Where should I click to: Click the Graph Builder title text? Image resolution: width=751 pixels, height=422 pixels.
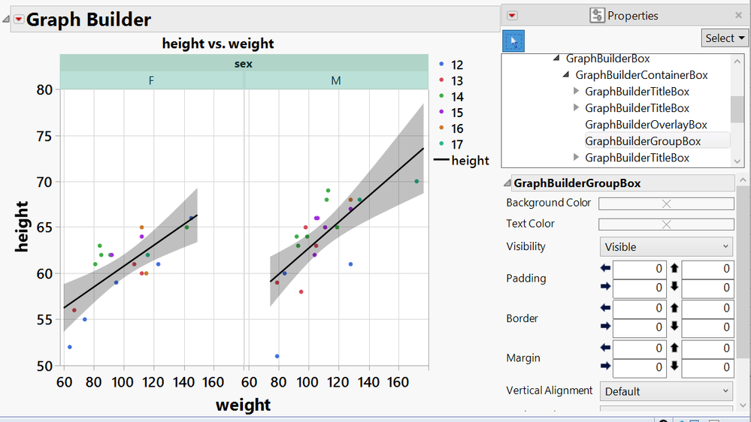coord(89,20)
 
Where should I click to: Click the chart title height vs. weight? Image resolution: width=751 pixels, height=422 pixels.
coord(218,44)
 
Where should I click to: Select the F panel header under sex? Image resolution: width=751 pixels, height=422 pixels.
coord(152,80)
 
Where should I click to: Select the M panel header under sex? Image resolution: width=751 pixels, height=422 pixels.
coord(335,80)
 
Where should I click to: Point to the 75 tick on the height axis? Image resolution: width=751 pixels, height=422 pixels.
coord(47,136)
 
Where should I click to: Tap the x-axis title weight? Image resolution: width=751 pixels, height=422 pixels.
coord(243,405)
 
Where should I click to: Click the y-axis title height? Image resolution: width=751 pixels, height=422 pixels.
coord(22,226)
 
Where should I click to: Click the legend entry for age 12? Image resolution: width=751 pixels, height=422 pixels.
coord(456,65)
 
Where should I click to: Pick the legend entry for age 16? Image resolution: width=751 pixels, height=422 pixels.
coord(456,128)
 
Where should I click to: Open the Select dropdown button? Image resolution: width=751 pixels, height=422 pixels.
coord(725,38)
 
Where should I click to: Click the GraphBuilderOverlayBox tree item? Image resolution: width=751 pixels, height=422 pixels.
coord(646,125)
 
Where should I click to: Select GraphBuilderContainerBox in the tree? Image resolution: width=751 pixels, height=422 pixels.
coord(641,75)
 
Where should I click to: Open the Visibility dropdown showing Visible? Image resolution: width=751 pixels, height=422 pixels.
coord(665,246)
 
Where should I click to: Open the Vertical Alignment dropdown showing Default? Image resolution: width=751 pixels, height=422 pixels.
coord(665,390)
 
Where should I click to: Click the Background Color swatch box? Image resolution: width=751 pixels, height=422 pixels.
coord(665,203)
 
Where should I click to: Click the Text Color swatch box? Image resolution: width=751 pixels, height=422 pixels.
coord(665,224)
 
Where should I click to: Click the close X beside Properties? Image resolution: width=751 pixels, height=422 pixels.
coord(737,15)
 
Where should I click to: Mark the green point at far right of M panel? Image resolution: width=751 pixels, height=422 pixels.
coord(416,182)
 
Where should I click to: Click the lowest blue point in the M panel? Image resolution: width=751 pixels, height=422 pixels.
coord(277,356)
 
